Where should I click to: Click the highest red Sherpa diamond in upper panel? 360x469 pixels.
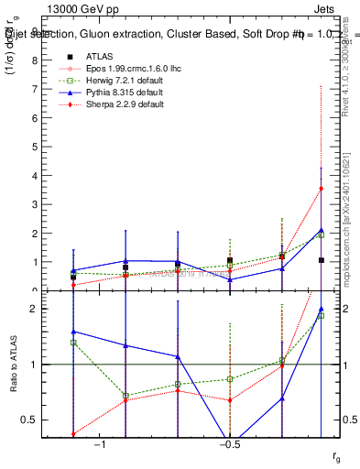pos(321,189)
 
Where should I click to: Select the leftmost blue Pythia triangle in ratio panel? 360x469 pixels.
pos(73,332)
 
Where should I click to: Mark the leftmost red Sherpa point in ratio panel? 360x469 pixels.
pos(73,434)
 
